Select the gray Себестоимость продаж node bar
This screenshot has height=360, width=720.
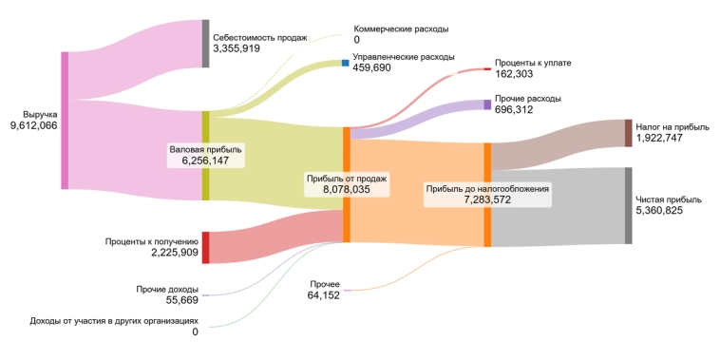point(205,43)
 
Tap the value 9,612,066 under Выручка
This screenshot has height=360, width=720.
point(33,126)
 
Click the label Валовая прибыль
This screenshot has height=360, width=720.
point(206,149)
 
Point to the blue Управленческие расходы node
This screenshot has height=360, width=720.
point(346,63)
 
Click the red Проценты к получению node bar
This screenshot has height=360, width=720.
point(205,247)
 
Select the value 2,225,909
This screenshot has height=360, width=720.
point(174,254)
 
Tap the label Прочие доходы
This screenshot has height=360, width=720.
point(167,289)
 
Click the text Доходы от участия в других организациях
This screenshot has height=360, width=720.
point(114,320)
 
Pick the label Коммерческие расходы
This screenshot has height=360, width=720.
point(401,29)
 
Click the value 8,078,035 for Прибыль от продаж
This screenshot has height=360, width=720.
point(346,190)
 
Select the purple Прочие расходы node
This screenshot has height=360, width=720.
point(487,104)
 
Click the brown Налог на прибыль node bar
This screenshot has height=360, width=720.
point(628,133)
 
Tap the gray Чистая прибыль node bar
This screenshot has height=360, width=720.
point(628,206)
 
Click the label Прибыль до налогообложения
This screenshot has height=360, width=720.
point(487,189)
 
